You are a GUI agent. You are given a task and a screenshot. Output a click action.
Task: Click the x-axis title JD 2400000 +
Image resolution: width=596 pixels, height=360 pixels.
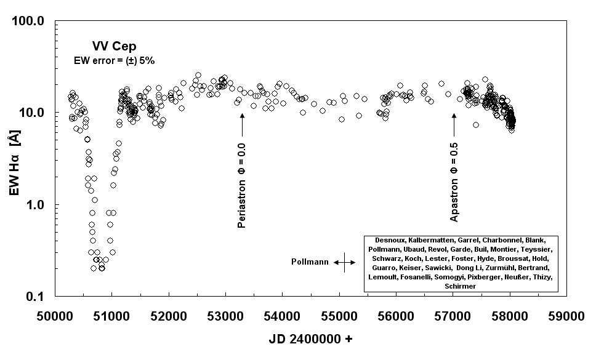coord(311,339)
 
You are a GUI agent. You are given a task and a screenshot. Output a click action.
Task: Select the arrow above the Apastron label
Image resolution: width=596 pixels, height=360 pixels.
coord(454,126)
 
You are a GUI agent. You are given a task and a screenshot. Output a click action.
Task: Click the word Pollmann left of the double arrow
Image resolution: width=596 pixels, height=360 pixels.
coord(309,262)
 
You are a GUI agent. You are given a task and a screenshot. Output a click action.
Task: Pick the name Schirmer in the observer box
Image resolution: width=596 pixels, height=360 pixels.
coord(459,286)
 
